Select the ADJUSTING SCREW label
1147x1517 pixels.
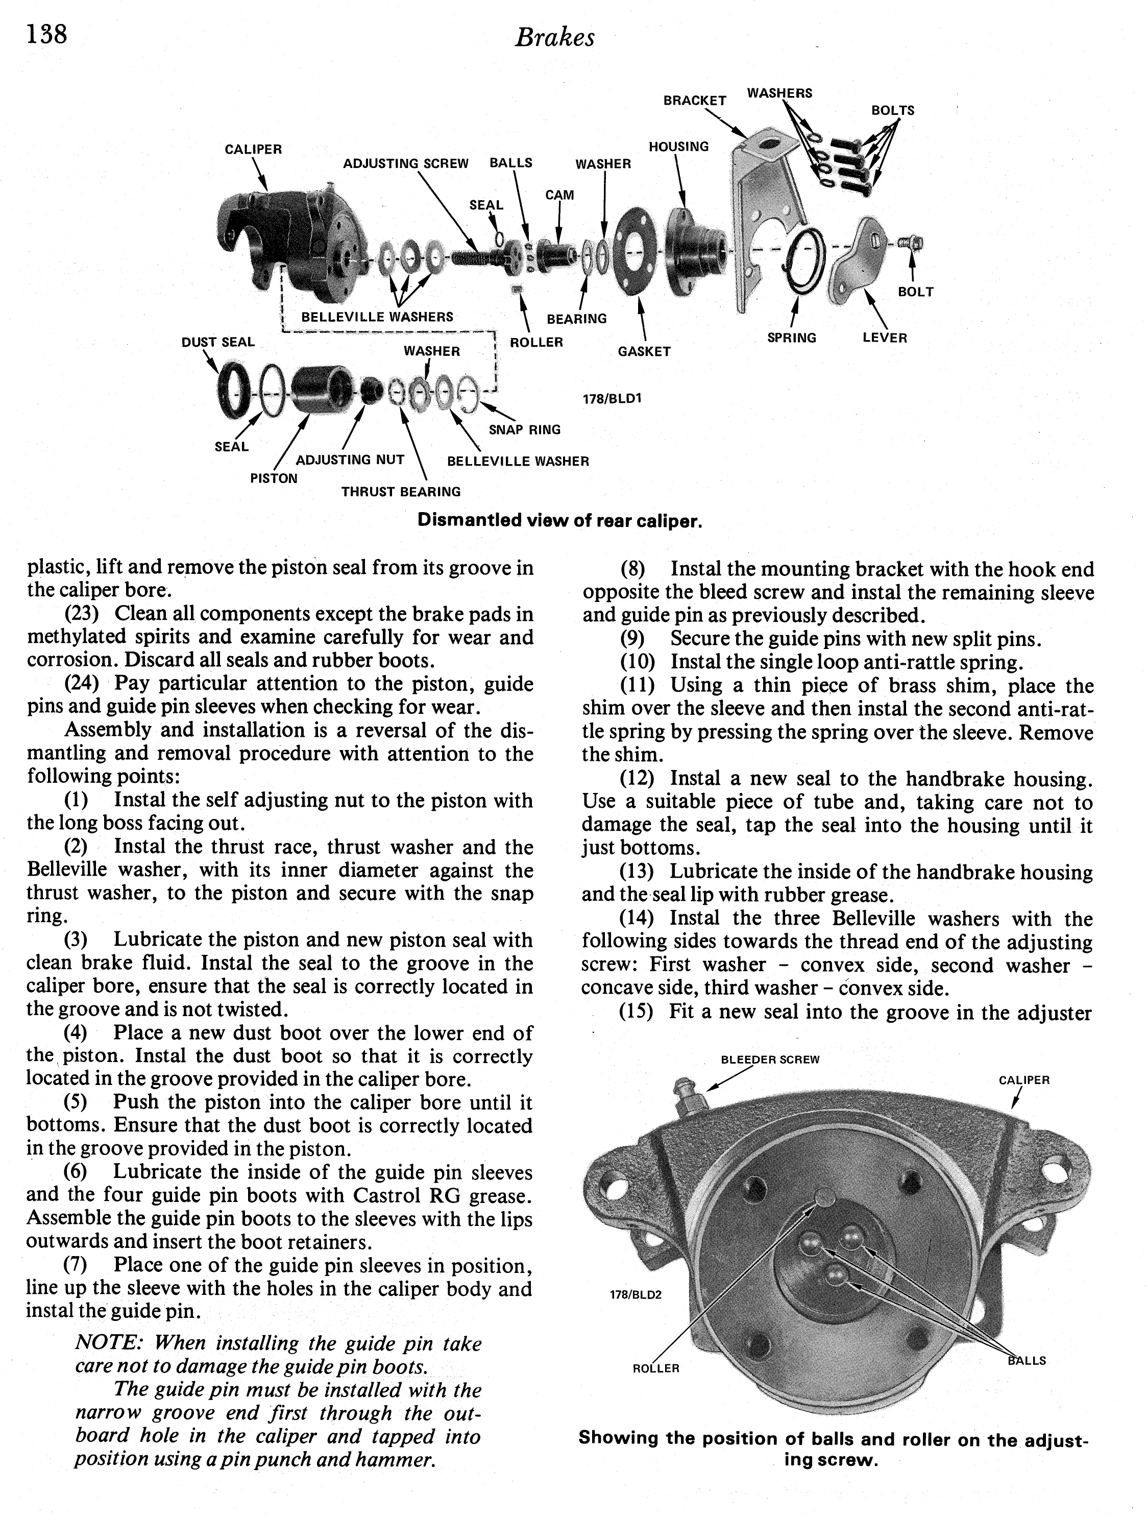point(406,164)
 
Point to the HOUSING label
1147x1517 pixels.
point(678,147)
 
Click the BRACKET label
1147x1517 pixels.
point(695,101)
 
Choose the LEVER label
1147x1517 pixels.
point(885,338)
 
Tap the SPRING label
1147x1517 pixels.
point(792,338)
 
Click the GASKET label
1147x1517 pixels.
point(644,352)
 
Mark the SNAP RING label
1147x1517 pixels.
point(524,430)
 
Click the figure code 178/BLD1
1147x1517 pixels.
point(612,398)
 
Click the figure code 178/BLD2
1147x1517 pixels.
point(636,1295)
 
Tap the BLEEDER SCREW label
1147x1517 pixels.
point(770,1060)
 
